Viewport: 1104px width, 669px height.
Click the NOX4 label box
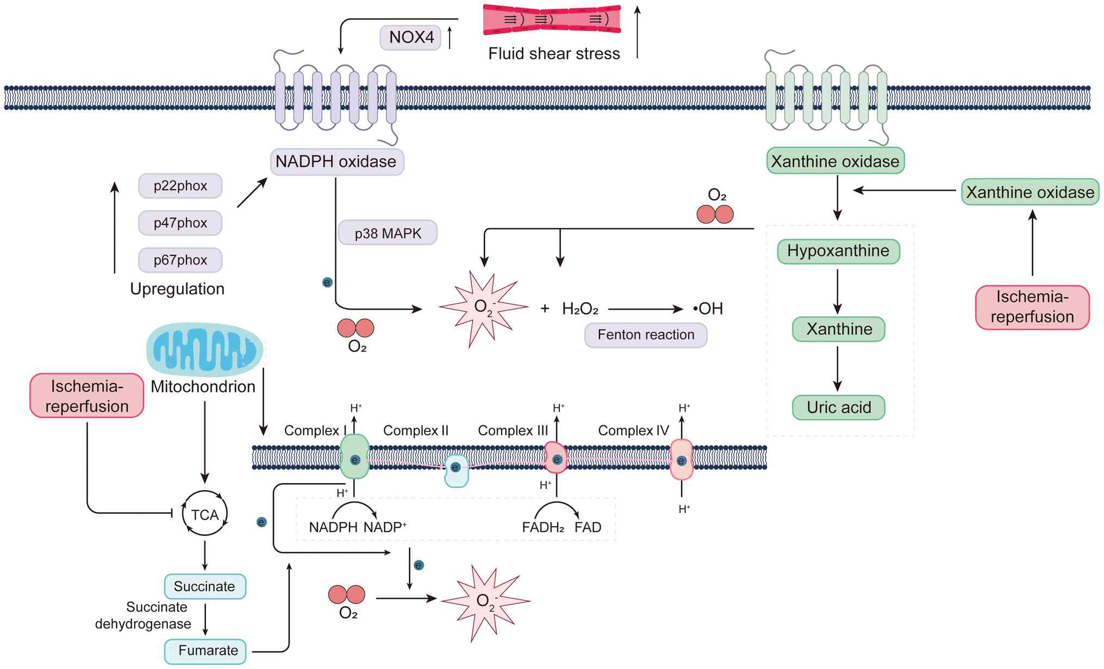click(410, 37)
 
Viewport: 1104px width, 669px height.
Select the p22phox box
click(180, 186)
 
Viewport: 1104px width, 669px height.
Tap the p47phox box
click(180, 223)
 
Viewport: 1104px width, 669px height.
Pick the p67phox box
click(180, 260)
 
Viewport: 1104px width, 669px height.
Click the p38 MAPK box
click(388, 233)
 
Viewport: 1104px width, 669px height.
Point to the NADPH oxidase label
click(336, 162)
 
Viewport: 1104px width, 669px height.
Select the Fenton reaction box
click(646, 335)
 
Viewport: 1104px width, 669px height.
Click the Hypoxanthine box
click(838, 251)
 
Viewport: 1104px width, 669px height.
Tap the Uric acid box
click(838, 408)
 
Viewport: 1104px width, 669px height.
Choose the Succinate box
click(205, 586)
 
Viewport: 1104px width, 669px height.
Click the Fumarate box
click(205, 651)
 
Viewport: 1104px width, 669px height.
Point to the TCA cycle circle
click(204, 514)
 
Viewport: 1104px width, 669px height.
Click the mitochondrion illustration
click(205, 349)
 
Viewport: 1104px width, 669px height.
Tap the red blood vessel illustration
click(552, 20)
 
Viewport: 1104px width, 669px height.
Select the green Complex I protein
click(354, 457)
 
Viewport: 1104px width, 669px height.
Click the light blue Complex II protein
click(456, 471)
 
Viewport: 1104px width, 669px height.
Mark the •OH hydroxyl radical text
click(708, 309)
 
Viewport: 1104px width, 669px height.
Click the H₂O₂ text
click(580, 309)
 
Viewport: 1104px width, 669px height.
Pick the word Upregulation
click(177, 289)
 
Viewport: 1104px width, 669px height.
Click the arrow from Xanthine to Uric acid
click(838, 368)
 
